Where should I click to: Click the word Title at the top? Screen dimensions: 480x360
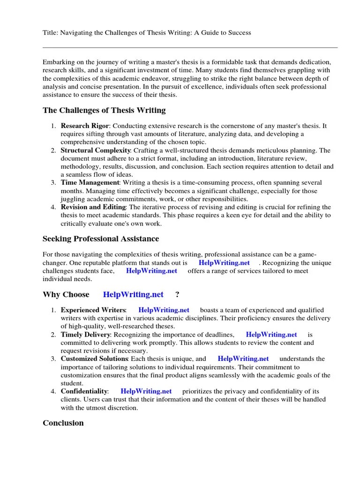point(50,33)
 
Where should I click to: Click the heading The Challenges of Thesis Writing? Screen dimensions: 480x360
point(104,110)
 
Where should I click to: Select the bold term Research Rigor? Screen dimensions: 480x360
point(84,126)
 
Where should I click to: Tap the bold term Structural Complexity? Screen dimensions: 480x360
point(95,150)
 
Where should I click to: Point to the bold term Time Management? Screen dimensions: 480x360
point(90,182)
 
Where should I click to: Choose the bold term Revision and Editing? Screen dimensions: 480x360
point(93,207)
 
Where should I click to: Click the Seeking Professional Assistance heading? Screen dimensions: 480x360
point(101,239)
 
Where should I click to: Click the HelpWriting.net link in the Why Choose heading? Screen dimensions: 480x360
point(133,294)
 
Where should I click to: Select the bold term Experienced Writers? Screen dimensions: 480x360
point(93,310)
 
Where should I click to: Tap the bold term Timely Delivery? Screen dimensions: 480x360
point(85,335)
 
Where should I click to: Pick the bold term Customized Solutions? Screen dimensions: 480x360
point(94,359)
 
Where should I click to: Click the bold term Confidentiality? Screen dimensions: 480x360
point(84,391)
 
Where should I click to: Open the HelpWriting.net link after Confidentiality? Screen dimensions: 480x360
point(146,391)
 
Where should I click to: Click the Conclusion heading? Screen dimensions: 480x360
point(63,423)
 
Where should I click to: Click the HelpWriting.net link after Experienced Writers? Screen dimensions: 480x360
point(164,310)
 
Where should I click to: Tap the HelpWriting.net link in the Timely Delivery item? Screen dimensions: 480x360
point(271,335)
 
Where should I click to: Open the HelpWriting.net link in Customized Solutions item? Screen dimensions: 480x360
point(243,359)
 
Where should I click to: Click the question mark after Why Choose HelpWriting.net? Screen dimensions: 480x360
point(177,294)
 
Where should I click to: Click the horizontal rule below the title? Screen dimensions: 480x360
point(190,47)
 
